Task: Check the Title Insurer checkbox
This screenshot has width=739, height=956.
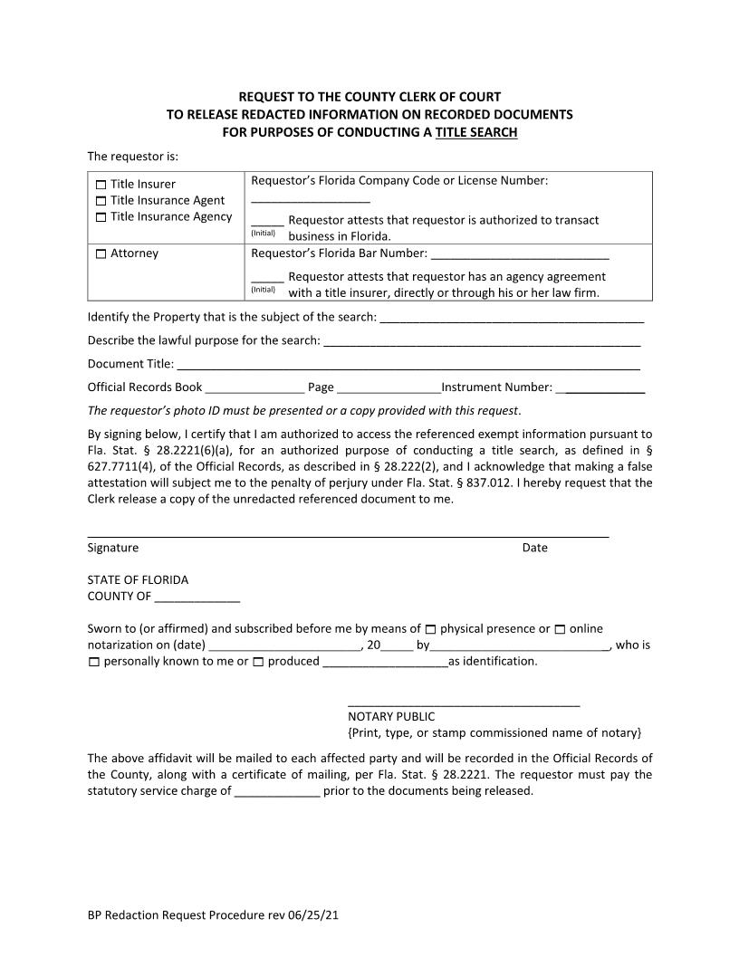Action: (x=101, y=185)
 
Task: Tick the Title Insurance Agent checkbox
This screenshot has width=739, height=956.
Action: (x=101, y=201)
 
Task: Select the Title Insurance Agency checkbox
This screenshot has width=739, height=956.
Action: (x=101, y=217)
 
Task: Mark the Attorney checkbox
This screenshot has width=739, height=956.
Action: (x=101, y=254)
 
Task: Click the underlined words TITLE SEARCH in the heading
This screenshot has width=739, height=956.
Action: (x=476, y=132)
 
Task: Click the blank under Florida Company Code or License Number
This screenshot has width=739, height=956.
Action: (x=311, y=200)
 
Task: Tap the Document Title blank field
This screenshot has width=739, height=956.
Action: (x=408, y=366)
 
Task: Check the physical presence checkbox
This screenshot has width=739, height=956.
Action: (x=430, y=629)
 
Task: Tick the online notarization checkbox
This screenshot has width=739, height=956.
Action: (x=560, y=629)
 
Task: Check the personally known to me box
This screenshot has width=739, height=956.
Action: (x=94, y=662)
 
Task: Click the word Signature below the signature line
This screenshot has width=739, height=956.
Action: (x=113, y=548)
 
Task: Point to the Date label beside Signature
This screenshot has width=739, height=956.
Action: (x=534, y=548)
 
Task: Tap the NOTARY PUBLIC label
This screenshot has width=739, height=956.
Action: (x=391, y=716)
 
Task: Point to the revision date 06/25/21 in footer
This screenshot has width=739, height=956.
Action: (x=313, y=915)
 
